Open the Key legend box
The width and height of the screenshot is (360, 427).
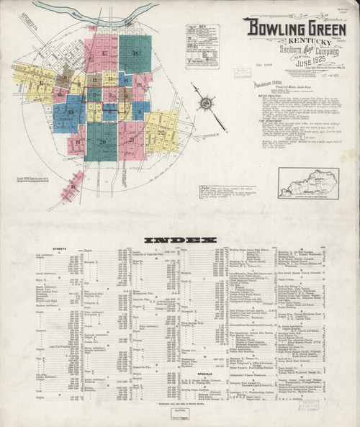coord(202,45)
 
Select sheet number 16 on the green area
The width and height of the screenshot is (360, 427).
coord(137,54)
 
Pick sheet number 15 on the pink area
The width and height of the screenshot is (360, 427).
coord(105,54)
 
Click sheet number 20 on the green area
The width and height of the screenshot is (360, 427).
coord(102,142)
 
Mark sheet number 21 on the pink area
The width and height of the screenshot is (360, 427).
coord(131,142)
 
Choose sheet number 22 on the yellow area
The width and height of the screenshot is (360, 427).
coord(160,134)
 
